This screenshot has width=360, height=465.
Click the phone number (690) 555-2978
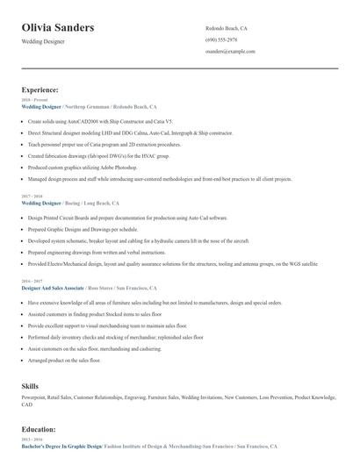tap(221, 39)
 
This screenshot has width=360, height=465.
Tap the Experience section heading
tap(40, 89)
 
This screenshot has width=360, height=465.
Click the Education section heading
tap(39, 430)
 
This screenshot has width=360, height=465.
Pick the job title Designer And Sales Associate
tap(53, 288)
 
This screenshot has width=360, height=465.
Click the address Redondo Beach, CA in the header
tap(227, 27)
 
